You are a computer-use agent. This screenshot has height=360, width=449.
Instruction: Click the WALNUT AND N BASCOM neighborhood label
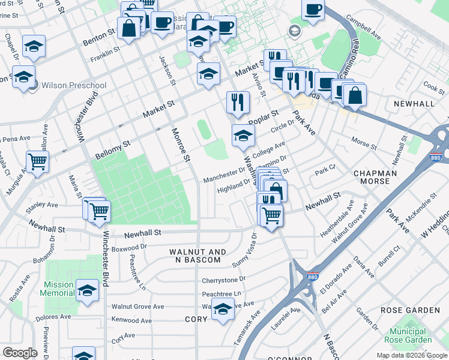197,256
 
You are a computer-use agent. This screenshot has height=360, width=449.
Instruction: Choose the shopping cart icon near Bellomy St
37,161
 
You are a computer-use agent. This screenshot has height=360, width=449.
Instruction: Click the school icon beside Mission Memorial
87,291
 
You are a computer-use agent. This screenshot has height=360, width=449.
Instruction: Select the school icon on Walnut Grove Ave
223,310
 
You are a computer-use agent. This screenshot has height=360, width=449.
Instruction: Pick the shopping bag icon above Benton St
128,28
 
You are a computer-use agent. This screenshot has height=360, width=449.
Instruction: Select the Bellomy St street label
112,151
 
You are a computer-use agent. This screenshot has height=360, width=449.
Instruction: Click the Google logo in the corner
20,353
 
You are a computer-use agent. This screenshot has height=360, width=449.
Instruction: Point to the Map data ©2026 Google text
411,355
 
